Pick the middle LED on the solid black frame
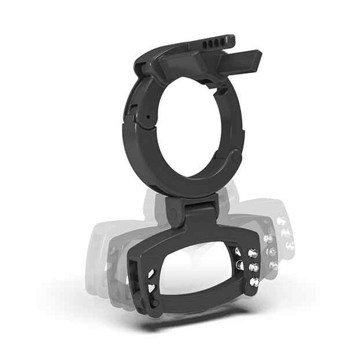[254, 267]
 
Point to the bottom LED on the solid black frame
[254, 282]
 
